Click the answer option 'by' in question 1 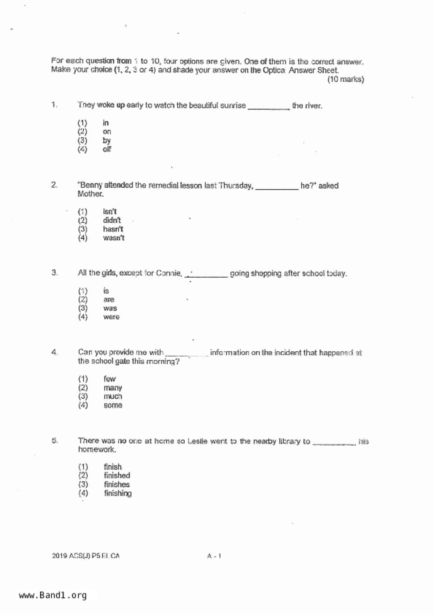pos(106,141)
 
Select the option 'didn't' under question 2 pos(112,221)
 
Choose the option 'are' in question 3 pos(109,300)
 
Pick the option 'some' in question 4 pos(113,405)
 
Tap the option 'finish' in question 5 pos(112,467)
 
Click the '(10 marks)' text pos(345,80)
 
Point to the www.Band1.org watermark pos(53,595)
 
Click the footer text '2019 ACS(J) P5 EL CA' pos(86,556)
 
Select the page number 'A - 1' pos(214,556)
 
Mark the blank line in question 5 pos(334,444)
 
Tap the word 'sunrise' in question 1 pos(233,106)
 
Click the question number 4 pos(54,352)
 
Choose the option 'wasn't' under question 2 pos(113,238)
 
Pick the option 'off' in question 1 pos(107,149)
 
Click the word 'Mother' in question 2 pos(90,194)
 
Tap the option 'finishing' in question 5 pos(118,493)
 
